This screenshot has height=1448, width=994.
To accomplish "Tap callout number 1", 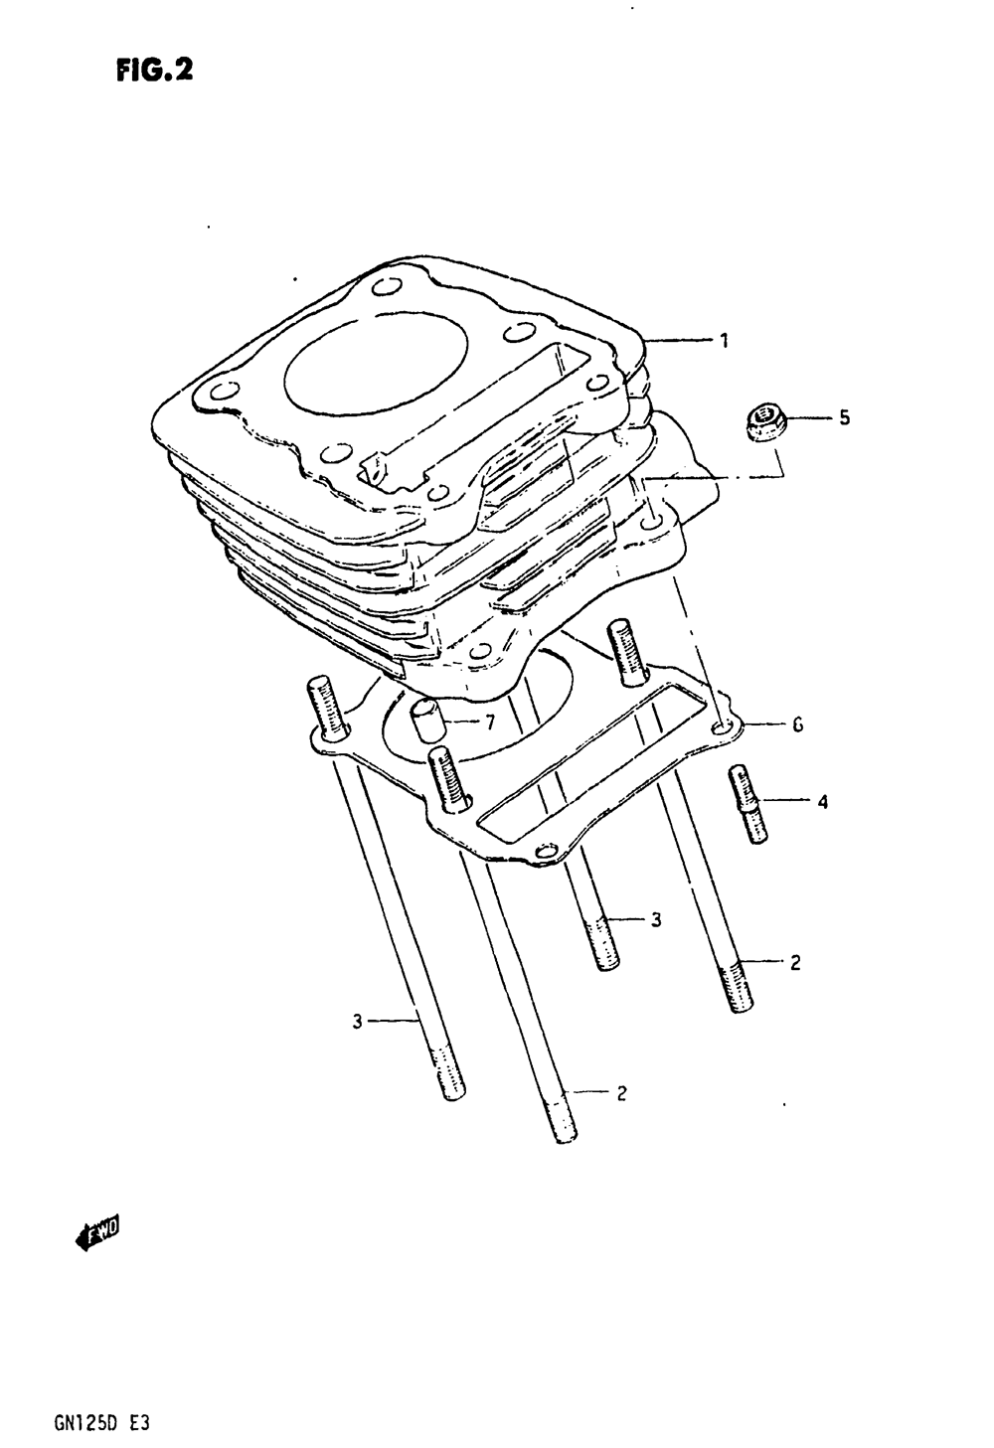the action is click(x=725, y=341).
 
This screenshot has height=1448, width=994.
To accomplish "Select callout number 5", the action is click(x=844, y=418).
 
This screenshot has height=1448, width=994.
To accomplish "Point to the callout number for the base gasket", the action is click(x=797, y=726).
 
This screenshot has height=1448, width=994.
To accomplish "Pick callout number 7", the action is click(x=489, y=723).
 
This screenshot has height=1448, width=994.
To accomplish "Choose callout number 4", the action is click(x=822, y=801).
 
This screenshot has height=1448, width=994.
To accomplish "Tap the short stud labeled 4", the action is click(x=748, y=804).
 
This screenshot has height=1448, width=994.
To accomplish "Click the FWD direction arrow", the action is click(x=96, y=1235).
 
